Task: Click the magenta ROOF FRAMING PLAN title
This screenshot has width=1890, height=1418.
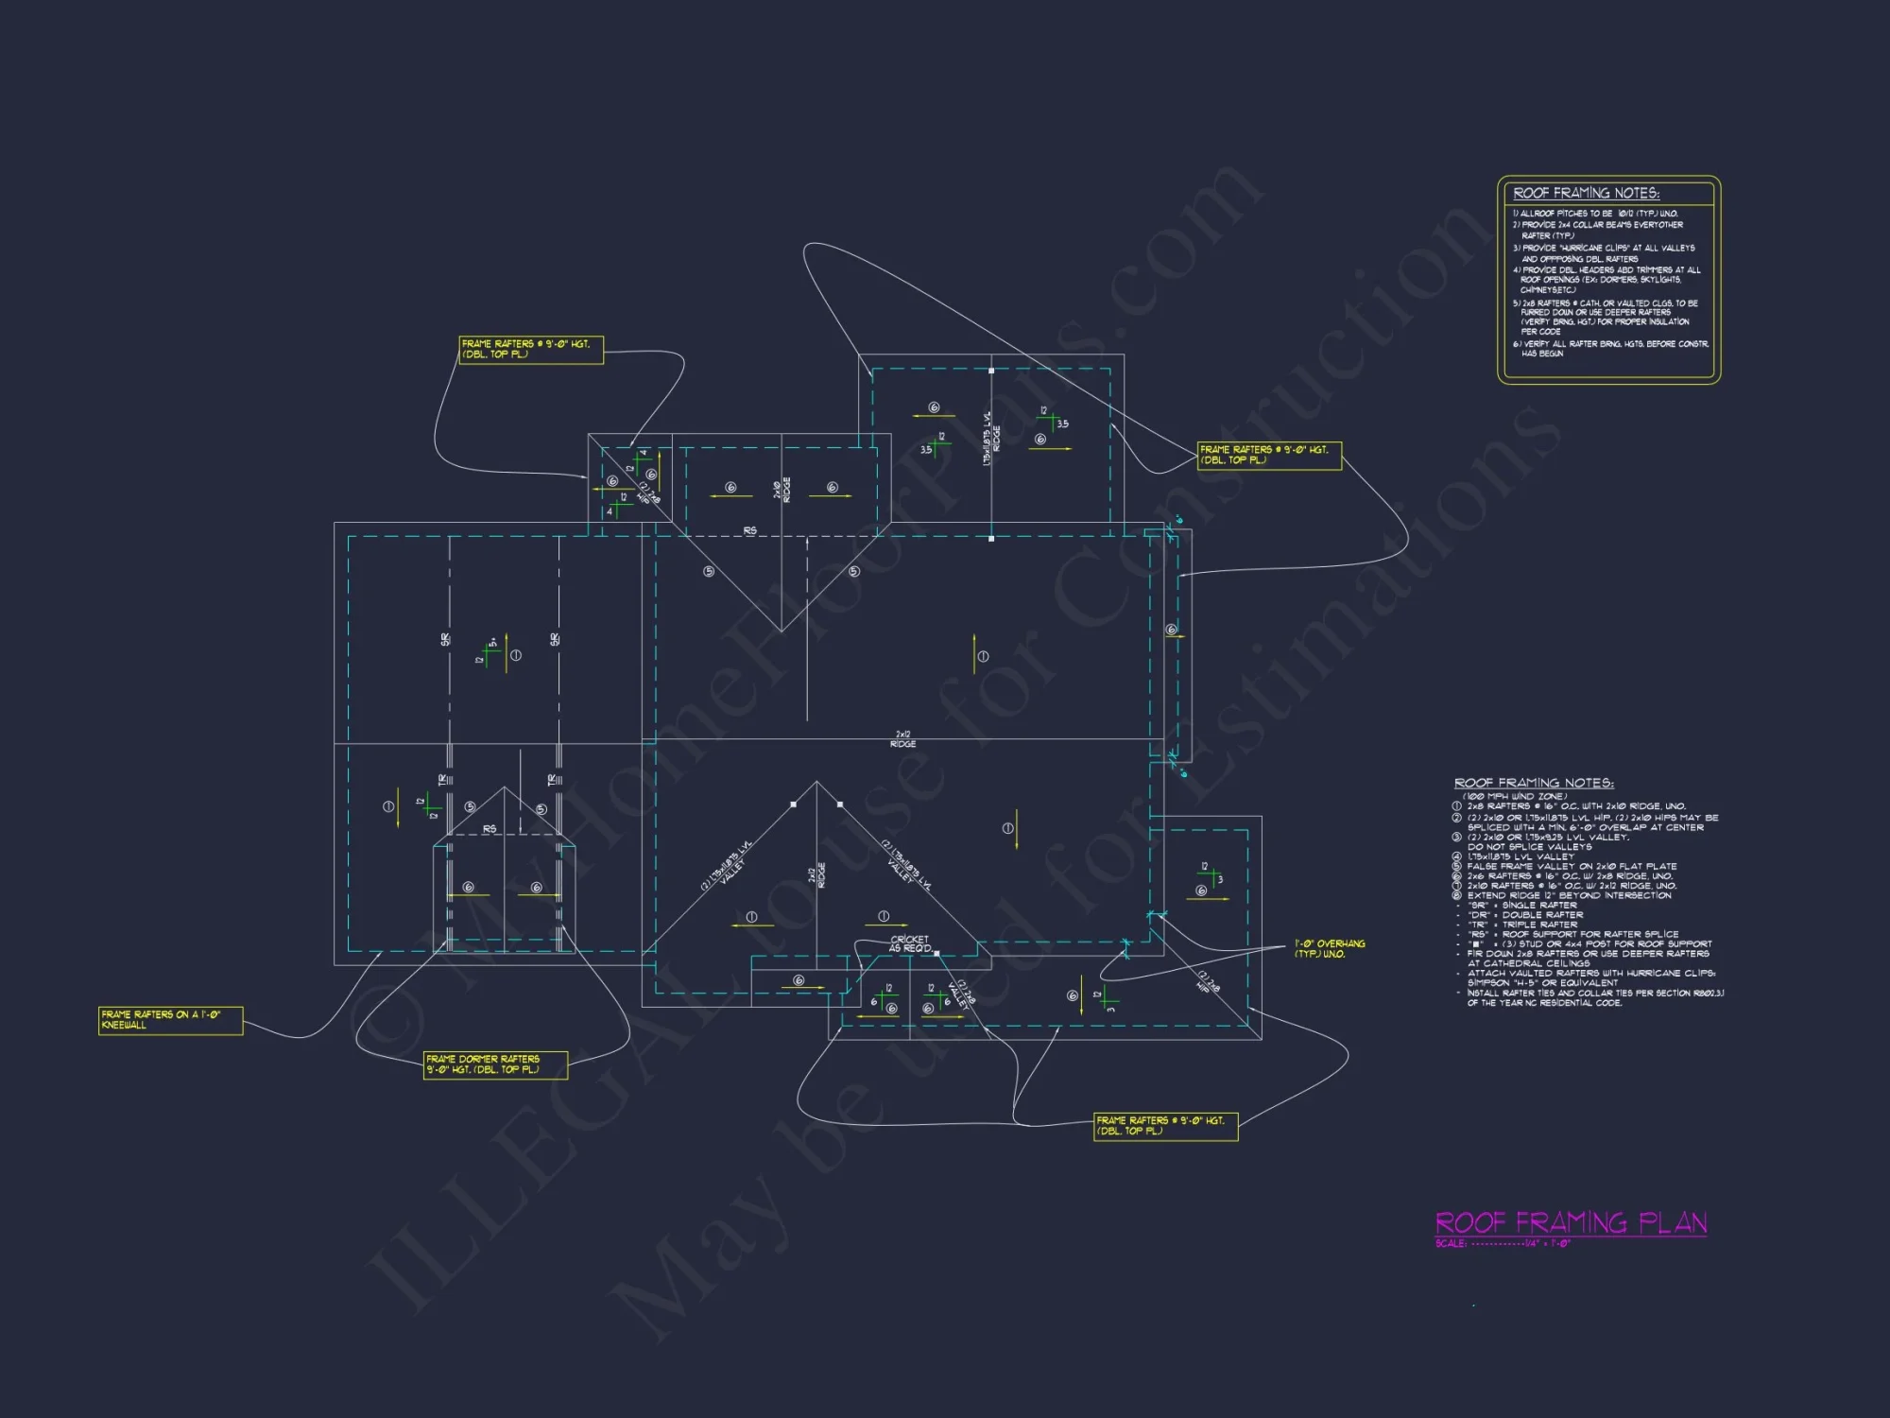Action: pos(1571,1222)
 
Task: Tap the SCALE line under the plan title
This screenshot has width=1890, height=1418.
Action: pos(1503,1244)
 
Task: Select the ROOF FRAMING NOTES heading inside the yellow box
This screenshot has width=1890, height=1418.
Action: pos(1586,193)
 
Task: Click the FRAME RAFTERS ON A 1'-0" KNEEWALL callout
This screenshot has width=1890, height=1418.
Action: pos(170,1020)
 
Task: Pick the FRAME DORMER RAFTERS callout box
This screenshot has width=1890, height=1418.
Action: pos(495,1064)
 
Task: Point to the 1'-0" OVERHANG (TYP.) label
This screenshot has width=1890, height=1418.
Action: pos(1329,948)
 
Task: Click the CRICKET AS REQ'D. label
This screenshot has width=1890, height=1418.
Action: pos(910,943)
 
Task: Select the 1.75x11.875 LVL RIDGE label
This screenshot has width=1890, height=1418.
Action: pos(991,437)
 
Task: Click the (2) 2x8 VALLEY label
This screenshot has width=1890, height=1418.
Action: pos(960,993)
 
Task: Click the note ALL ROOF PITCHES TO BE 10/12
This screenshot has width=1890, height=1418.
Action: pos(1598,214)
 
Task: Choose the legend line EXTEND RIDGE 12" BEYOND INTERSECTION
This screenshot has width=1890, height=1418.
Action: pos(1569,895)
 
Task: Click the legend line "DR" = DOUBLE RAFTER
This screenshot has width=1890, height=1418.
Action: pos(1521,915)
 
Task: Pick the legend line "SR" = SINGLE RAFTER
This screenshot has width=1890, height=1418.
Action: pos(1521,905)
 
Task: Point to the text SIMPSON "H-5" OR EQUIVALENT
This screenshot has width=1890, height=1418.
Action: pos(1542,983)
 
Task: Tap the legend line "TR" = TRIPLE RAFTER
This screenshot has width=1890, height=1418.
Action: pos(1521,925)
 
